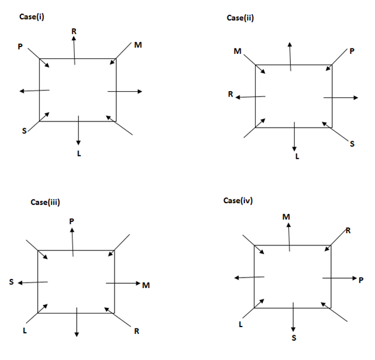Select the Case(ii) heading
point(241,17)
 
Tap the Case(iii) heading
point(45,201)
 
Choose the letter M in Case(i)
point(137,45)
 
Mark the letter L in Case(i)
point(79,152)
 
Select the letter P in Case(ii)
point(351,51)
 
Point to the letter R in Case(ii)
point(230,95)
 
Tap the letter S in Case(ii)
point(352,144)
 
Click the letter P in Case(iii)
point(72,221)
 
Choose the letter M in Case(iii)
point(146,285)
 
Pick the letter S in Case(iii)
point(11,283)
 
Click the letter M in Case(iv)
point(287,216)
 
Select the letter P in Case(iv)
point(361,280)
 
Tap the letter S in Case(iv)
point(294,337)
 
